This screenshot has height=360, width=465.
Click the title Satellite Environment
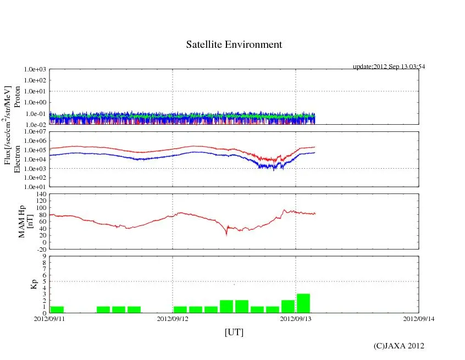[234, 45]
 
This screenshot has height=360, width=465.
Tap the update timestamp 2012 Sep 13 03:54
[389, 67]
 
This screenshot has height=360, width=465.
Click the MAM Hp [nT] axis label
[25, 218]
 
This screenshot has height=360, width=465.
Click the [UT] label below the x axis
[234, 332]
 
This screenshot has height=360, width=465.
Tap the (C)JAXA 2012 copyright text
[398, 346]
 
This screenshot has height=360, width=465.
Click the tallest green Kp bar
[303, 303]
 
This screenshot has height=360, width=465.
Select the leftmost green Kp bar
[57, 309]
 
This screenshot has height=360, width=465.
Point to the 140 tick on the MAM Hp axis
[41, 194]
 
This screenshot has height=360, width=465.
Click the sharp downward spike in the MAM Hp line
[226, 234]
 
